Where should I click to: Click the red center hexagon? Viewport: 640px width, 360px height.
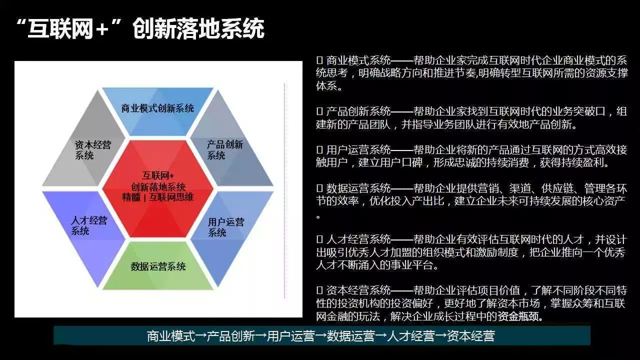157,188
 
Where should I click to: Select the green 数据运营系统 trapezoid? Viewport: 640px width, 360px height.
158,265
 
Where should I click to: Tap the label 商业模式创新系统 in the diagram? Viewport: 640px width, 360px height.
157,108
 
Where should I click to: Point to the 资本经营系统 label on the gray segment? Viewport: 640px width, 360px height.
93,150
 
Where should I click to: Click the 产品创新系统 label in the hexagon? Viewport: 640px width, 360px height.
225,149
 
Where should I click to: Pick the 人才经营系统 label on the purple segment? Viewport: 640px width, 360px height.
89,225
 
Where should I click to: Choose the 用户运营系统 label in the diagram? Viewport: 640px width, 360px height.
226,227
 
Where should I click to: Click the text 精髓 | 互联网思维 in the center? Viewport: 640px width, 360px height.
157,197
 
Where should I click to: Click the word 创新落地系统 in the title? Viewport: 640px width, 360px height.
198,28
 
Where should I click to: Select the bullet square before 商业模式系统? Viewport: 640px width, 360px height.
319,60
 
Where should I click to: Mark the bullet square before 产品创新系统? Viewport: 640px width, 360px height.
319,111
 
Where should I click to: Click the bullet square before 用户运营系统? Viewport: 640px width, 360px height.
319,149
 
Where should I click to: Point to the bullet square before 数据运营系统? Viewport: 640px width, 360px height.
319,188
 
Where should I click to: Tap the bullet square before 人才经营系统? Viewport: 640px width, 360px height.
319,239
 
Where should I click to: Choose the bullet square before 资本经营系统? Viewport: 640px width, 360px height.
319,290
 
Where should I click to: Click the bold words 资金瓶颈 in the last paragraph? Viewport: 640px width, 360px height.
518,316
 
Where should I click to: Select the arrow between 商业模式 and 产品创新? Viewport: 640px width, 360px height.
201,336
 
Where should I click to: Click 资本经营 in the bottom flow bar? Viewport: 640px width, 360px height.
471,336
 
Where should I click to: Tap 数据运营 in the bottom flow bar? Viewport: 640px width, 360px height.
350,336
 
